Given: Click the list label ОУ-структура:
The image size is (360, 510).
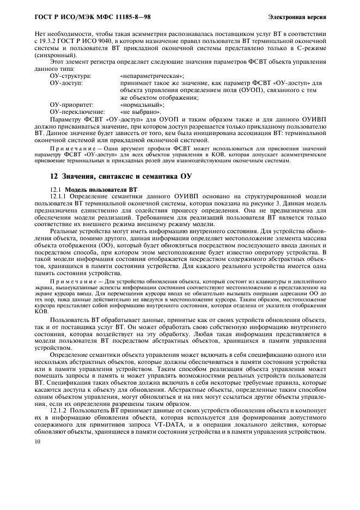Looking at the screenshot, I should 71,76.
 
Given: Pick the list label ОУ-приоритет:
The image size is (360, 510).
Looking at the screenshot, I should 71,104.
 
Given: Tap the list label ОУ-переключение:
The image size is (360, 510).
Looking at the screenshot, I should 77,111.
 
